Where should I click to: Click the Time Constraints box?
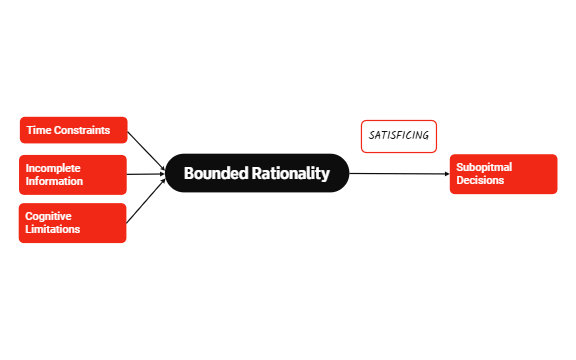coord(74,130)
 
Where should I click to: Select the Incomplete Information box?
coord(73,175)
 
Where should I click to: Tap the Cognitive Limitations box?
coord(73,222)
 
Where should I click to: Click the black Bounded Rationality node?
coord(256,173)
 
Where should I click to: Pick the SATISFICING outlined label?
coord(399,135)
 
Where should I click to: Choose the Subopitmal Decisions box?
coord(503,174)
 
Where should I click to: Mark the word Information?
coord(55,182)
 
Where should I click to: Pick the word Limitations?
coord(53,229)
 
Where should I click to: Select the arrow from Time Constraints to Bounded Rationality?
coord(146,151)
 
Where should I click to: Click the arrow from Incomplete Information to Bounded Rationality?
coord(146,174)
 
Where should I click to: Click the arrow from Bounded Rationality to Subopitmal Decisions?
coord(400,174)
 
